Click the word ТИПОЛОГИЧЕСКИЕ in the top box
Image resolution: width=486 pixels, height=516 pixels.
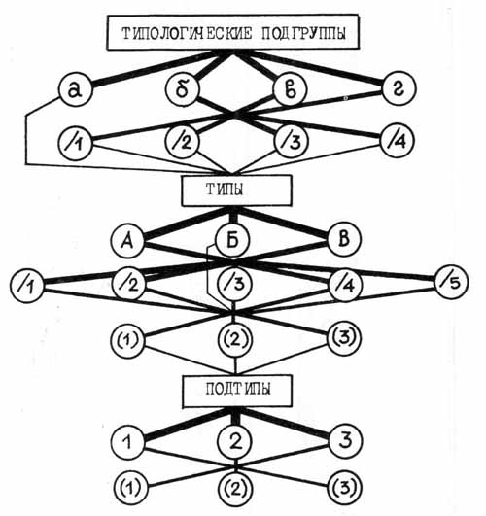(187, 33)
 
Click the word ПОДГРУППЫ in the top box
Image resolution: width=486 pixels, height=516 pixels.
(303, 33)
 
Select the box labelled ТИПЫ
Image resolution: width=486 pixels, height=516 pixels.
(236, 190)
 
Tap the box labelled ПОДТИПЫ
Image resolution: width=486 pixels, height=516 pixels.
(237, 392)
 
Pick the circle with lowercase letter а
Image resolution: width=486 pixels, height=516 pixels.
(76, 89)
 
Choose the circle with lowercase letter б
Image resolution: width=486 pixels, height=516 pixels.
(183, 89)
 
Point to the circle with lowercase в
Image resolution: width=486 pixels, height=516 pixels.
(291, 89)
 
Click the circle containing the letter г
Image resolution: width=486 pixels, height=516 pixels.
(399, 88)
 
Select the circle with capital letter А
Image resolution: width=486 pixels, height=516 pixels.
(127, 241)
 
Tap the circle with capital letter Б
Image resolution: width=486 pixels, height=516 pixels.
(232, 240)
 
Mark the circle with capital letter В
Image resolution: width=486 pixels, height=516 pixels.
(344, 240)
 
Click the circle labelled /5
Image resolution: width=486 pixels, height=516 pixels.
(452, 282)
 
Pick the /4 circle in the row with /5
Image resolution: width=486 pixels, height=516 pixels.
(346, 285)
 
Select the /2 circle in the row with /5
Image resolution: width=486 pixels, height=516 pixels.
(129, 284)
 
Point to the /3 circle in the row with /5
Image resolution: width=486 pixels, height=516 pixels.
(234, 284)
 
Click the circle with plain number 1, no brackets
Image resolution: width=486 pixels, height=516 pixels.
(127, 441)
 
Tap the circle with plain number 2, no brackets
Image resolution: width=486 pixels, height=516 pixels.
(235, 441)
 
